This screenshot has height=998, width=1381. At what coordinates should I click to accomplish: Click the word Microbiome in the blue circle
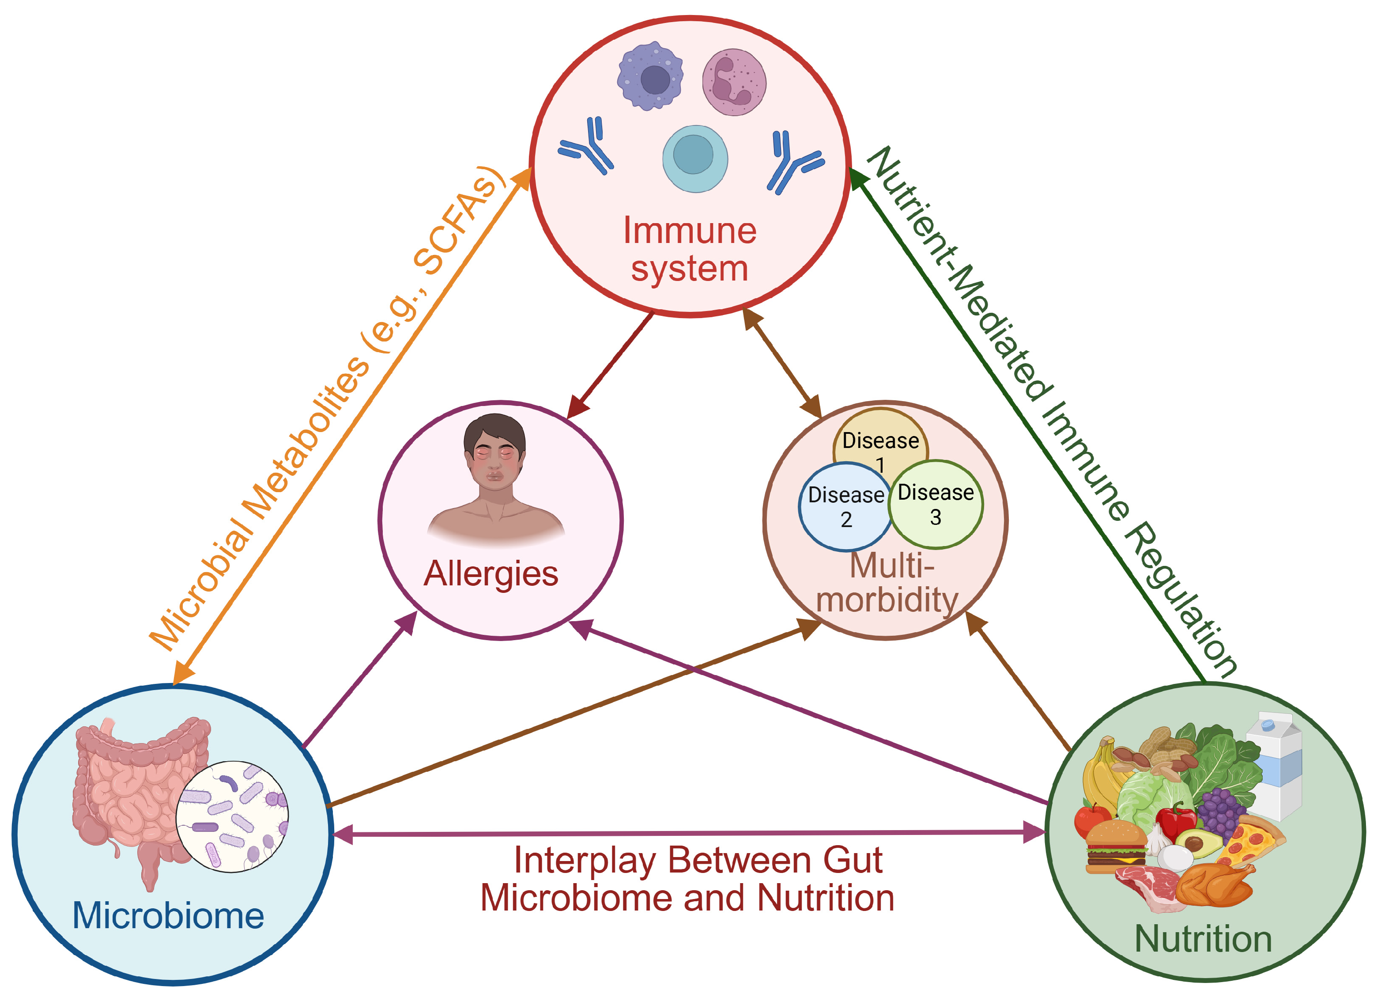tap(168, 916)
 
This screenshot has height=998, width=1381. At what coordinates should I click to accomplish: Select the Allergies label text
tap(491, 574)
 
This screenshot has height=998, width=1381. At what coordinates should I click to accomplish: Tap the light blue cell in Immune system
tap(695, 159)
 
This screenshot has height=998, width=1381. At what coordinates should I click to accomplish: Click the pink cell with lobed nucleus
tap(734, 82)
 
